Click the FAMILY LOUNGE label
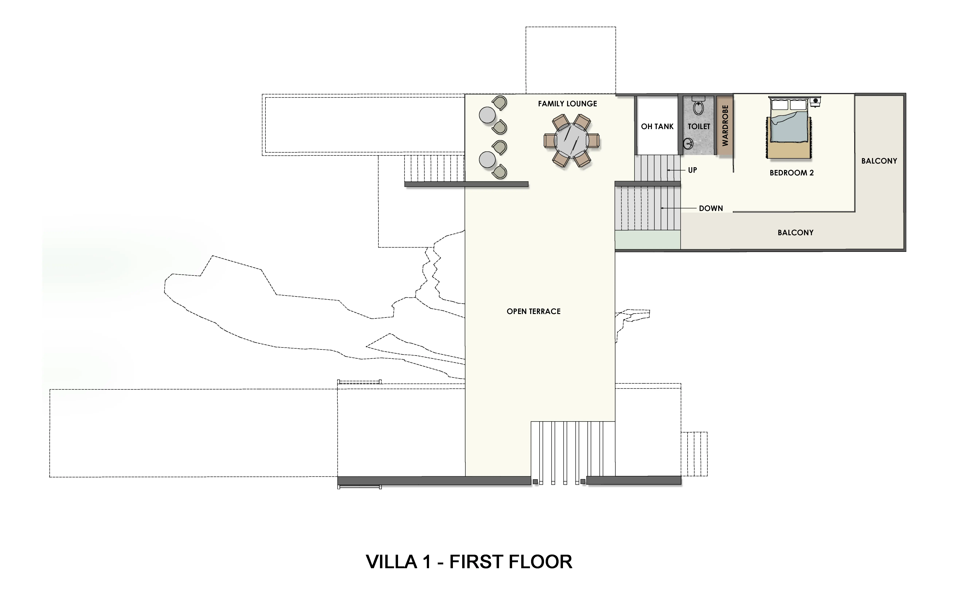coord(567,104)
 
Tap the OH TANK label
coord(657,127)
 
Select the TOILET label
coord(699,127)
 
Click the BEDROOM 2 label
coord(792,173)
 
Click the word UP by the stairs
coord(692,170)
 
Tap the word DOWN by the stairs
coord(711,208)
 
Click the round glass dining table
coord(571,141)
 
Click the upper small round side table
coord(487,115)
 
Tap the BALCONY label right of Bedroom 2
coord(879,161)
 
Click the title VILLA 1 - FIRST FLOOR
coord(469,562)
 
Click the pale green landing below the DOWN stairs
coord(648,240)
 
